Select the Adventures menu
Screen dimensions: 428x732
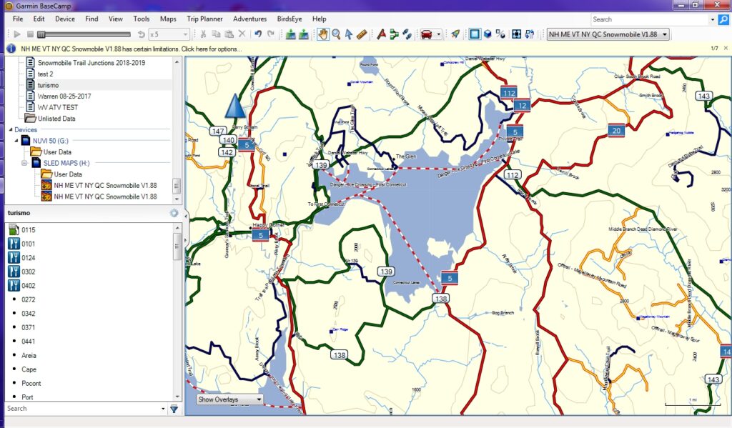249,19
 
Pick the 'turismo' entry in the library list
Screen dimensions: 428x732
49,85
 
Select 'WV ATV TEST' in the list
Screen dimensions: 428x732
58,107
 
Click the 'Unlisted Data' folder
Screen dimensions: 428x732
57,119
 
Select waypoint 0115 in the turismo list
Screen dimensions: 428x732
29,230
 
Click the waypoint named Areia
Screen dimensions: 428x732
29,355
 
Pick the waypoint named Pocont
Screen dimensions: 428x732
31,383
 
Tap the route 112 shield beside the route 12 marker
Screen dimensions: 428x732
509,94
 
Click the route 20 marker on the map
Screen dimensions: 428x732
616,131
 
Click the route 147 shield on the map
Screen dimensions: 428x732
218,131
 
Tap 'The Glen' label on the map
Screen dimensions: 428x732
405,156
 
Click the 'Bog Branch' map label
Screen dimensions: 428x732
503,313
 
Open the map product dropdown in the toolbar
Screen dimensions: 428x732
608,34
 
